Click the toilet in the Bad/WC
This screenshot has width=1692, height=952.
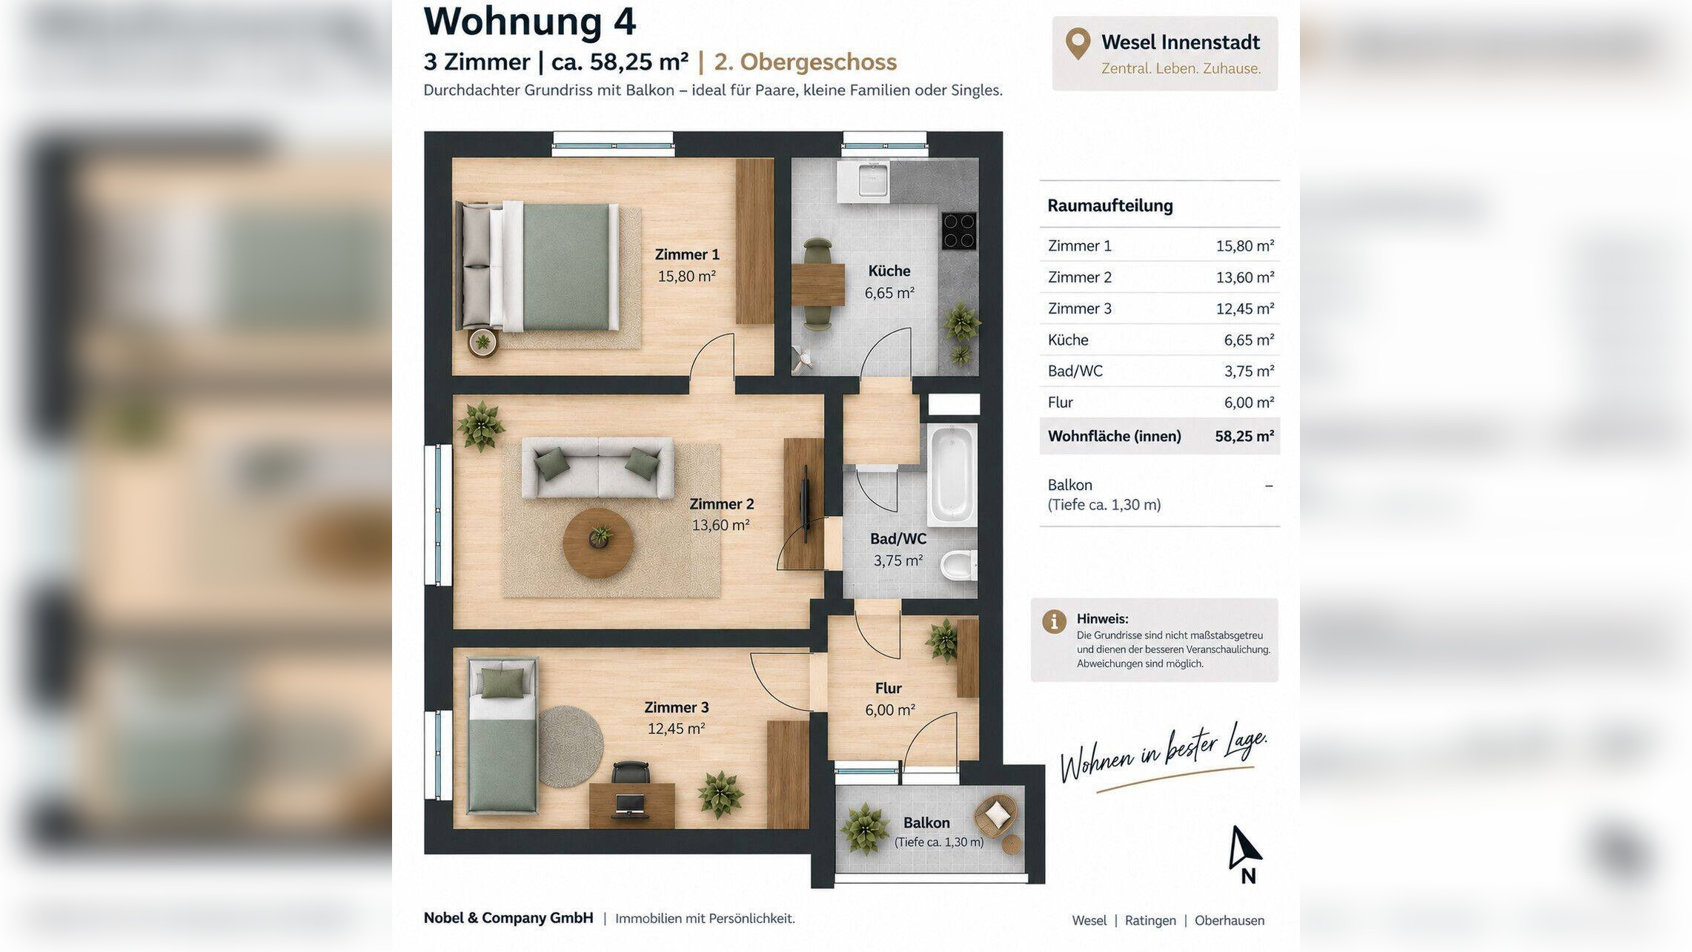point(959,566)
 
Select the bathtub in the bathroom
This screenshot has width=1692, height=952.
point(952,474)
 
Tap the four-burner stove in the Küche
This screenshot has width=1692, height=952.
point(959,231)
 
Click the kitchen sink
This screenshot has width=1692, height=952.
point(872,181)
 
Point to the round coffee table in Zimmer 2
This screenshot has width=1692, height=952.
point(598,543)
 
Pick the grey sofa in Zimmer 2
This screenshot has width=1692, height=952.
point(598,468)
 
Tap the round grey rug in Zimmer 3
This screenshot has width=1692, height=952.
point(570,747)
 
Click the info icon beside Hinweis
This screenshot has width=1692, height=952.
point(1054,621)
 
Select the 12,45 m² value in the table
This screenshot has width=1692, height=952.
point(1244,308)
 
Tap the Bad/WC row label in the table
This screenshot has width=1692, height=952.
point(1075,371)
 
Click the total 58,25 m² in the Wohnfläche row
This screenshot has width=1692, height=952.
point(1244,436)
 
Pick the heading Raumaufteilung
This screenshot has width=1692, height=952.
point(1109,205)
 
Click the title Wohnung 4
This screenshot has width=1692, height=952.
point(529,21)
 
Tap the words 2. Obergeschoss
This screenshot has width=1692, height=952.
point(805,62)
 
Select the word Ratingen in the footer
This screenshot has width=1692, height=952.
point(1149,920)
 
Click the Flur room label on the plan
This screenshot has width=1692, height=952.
point(888,688)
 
